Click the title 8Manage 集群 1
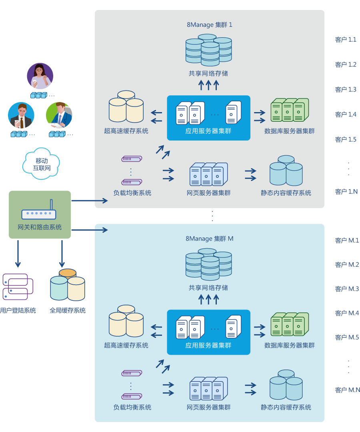tap(209, 25)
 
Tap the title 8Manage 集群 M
tap(209, 239)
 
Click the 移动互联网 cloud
tap(42, 164)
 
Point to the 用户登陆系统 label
tap(18, 310)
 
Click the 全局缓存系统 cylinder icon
tap(68, 285)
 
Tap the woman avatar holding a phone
tap(40, 76)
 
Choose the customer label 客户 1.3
tap(346, 89)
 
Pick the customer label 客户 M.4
tap(347, 313)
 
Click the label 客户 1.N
tap(346, 192)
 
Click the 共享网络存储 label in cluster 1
tap(208, 74)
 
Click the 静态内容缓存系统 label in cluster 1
tap(286, 193)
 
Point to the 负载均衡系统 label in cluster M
tap(132, 407)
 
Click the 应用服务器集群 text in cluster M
tap(208, 345)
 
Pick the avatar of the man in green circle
tap(59, 115)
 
